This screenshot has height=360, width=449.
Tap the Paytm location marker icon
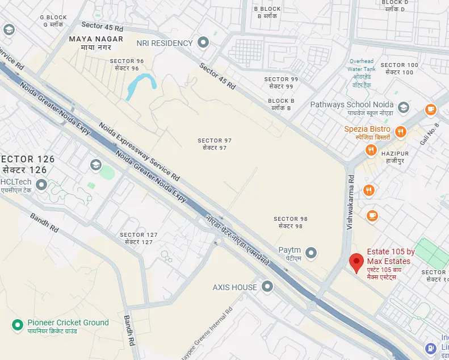(311, 253)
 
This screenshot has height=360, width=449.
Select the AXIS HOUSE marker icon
(267, 287)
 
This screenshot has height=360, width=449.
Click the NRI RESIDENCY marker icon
(203, 43)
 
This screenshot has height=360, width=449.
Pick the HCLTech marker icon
(41, 185)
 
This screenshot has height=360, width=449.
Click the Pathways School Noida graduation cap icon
(403, 107)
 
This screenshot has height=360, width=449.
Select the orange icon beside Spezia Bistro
(401, 132)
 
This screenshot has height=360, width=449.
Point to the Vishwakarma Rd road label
(351, 202)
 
